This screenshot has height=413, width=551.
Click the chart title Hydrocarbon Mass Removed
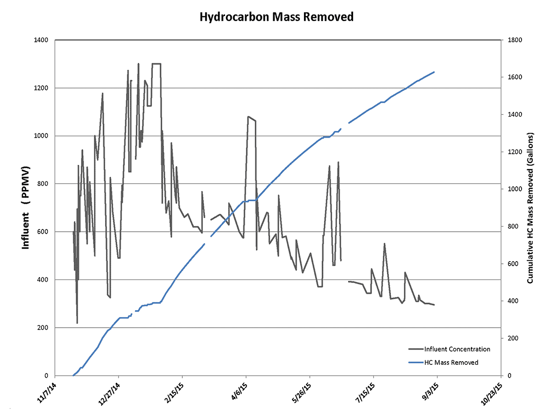[277, 17]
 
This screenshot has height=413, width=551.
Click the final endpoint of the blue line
[434, 72]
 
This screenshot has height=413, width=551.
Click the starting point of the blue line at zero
[73, 375]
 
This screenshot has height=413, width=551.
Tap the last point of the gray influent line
[434, 305]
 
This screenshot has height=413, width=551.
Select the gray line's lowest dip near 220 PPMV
[77, 323]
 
